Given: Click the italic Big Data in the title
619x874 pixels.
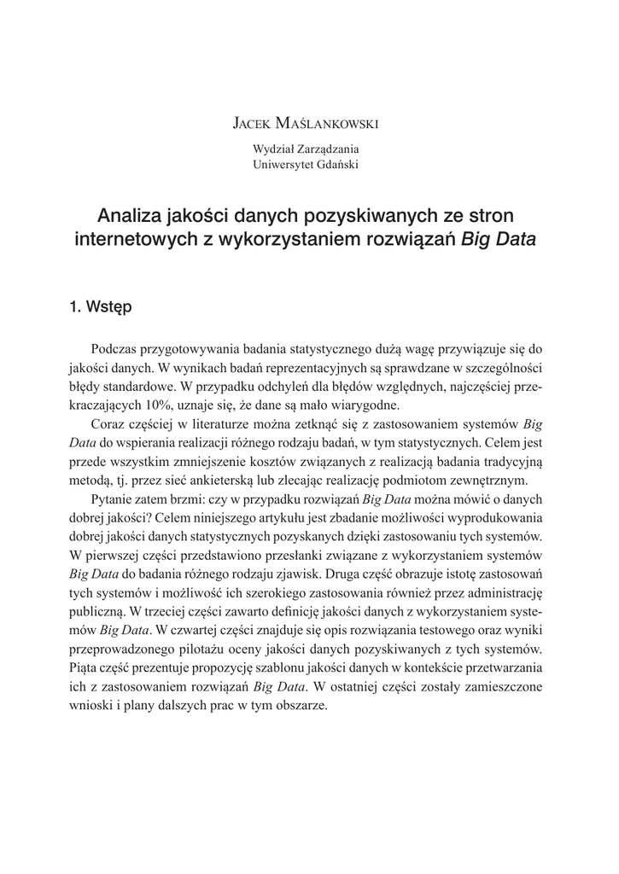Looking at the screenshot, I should tap(499, 239).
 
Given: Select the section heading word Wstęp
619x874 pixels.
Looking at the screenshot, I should tap(109, 307).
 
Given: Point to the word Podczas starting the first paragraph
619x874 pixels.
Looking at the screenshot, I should tap(114, 349).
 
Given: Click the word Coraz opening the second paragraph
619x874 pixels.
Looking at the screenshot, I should tap(107, 424).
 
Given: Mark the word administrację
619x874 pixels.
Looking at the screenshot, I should tap(503, 593).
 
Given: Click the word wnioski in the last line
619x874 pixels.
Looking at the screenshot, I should tap(88, 706).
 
